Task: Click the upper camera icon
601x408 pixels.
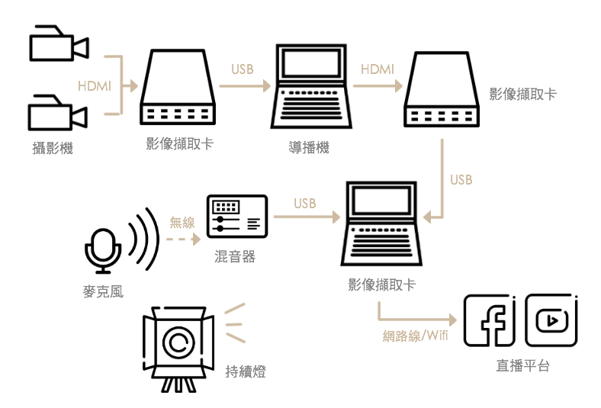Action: coord(58,43)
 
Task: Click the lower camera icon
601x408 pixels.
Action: coord(58,112)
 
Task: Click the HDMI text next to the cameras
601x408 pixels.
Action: coord(95,86)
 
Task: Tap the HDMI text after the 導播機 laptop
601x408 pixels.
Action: coord(378,69)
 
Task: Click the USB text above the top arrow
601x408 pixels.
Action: coord(243,69)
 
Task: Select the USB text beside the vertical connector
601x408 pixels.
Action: coord(461,180)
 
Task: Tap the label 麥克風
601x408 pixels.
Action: coord(103,291)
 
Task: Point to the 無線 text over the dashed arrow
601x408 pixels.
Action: coord(182,223)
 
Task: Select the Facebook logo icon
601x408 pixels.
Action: coord(490,321)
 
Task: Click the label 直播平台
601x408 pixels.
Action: coord(522,366)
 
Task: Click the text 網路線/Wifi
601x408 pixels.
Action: coord(415,336)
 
